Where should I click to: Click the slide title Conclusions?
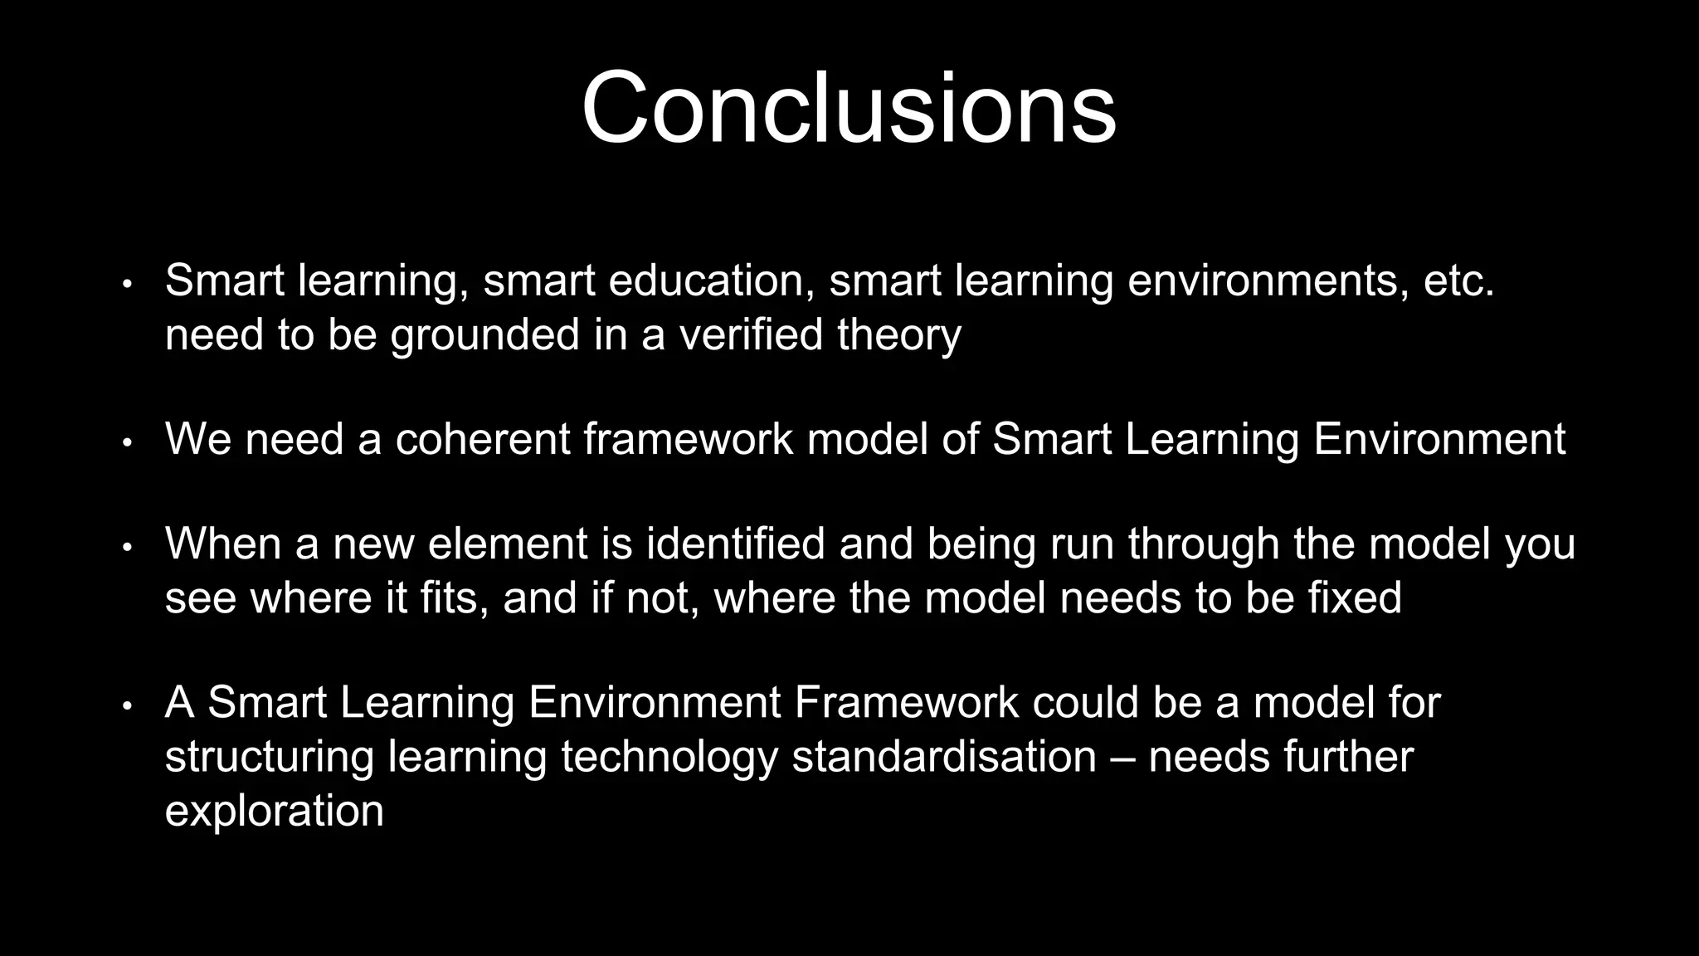point(849,109)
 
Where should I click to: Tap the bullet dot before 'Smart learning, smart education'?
point(127,285)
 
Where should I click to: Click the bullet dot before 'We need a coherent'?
point(127,443)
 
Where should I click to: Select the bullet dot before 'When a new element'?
point(127,548)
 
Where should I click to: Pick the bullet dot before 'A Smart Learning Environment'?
point(127,706)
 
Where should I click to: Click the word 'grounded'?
point(484,335)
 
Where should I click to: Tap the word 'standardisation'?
point(944,756)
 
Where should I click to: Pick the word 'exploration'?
point(274,811)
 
